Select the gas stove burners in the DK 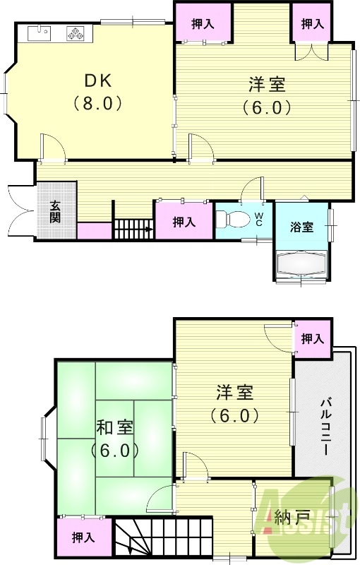74,32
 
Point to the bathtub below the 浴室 301,264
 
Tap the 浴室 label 301,227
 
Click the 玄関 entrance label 55,211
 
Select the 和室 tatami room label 114,428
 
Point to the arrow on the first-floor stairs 149,229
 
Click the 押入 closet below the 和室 83,537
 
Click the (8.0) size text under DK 98,103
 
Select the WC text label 258,218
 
